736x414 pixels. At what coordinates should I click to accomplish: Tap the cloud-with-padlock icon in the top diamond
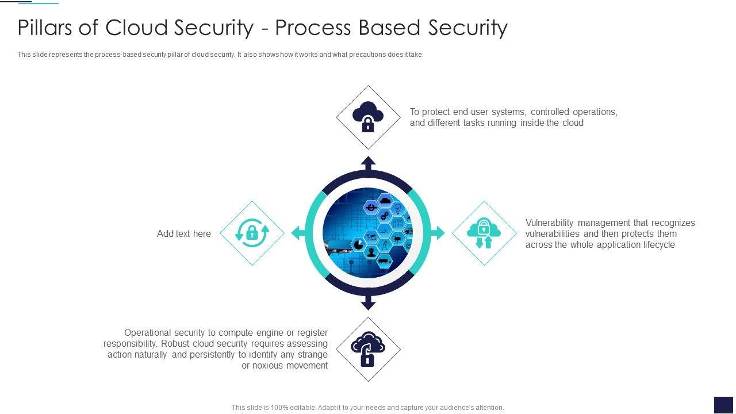pyautogui.click(x=368, y=117)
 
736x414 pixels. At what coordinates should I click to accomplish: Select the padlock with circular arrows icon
pyautogui.click(x=252, y=233)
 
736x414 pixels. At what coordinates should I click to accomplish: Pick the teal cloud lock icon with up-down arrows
pyautogui.click(x=484, y=233)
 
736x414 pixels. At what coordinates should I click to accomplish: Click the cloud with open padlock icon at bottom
pyautogui.click(x=368, y=349)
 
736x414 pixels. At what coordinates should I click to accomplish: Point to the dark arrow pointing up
pyautogui.click(x=369, y=163)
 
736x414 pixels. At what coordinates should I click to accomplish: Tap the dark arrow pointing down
pyautogui.click(x=369, y=303)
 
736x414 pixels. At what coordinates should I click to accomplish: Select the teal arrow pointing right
pyautogui.click(x=438, y=233)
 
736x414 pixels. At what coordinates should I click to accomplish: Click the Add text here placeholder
pyautogui.click(x=184, y=233)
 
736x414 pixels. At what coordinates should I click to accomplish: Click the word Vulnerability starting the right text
pyautogui.click(x=550, y=223)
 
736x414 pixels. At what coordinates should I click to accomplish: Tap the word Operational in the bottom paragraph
pyautogui.click(x=148, y=332)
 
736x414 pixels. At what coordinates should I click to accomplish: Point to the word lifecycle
pyautogui.click(x=656, y=244)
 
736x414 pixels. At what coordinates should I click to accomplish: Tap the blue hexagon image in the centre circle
pyautogui.click(x=368, y=233)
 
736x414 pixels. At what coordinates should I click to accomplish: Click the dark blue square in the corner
pyautogui.click(x=723, y=405)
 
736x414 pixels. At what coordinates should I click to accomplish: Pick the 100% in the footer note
pyautogui.click(x=278, y=408)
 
